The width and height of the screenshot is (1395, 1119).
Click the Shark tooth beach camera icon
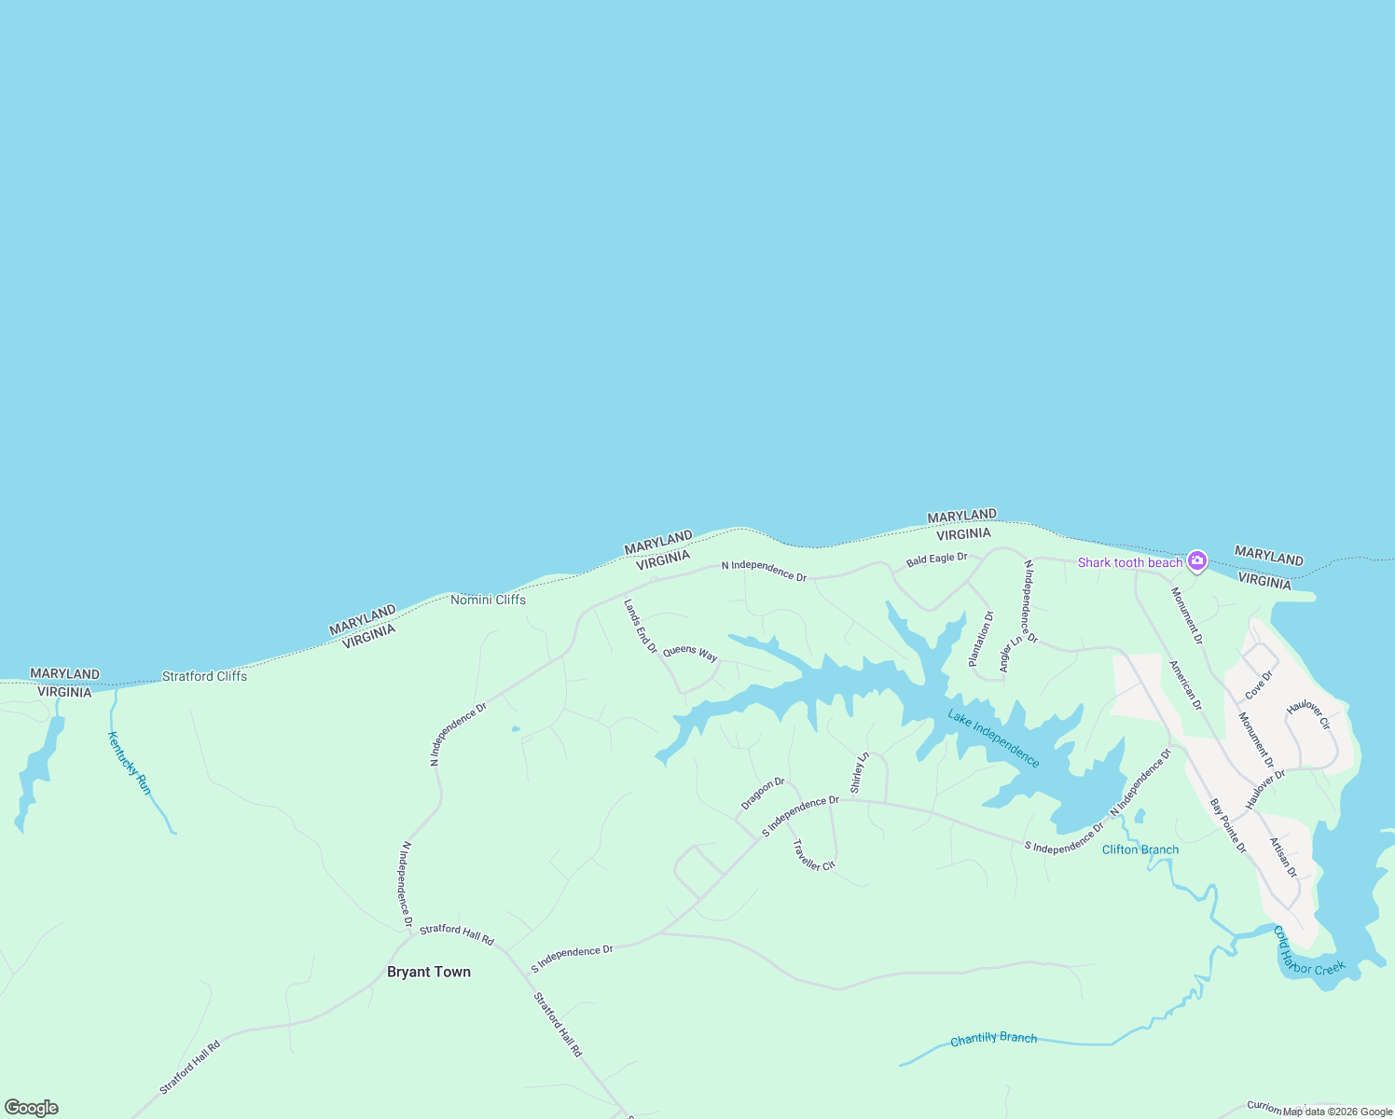click(1197, 561)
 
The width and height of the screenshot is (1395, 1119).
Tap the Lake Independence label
click(993, 739)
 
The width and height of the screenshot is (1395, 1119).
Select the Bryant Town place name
click(429, 972)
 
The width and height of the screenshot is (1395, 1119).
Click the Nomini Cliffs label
click(488, 600)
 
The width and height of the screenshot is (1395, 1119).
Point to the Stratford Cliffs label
click(204, 676)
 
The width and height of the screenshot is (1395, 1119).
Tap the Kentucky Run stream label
click(130, 763)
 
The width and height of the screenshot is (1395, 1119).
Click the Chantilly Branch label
click(993, 1039)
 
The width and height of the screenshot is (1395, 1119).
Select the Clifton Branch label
click(1139, 850)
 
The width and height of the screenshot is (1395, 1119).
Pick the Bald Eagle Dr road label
click(936, 559)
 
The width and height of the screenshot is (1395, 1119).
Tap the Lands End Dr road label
click(641, 626)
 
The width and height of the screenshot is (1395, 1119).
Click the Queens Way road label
click(690, 653)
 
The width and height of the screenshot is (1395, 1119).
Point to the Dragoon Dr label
click(763, 794)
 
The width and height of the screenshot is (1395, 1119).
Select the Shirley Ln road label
click(859, 772)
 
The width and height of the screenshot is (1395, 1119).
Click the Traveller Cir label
click(813, 856)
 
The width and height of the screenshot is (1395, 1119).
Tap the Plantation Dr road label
click(981, 639)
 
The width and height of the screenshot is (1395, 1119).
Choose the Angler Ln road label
click(1010, 655)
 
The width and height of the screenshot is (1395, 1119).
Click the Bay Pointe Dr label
click(1228, 826)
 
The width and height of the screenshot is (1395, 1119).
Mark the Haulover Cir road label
click(1308, 715)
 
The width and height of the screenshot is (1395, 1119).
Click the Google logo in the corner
click(32, 1108)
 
